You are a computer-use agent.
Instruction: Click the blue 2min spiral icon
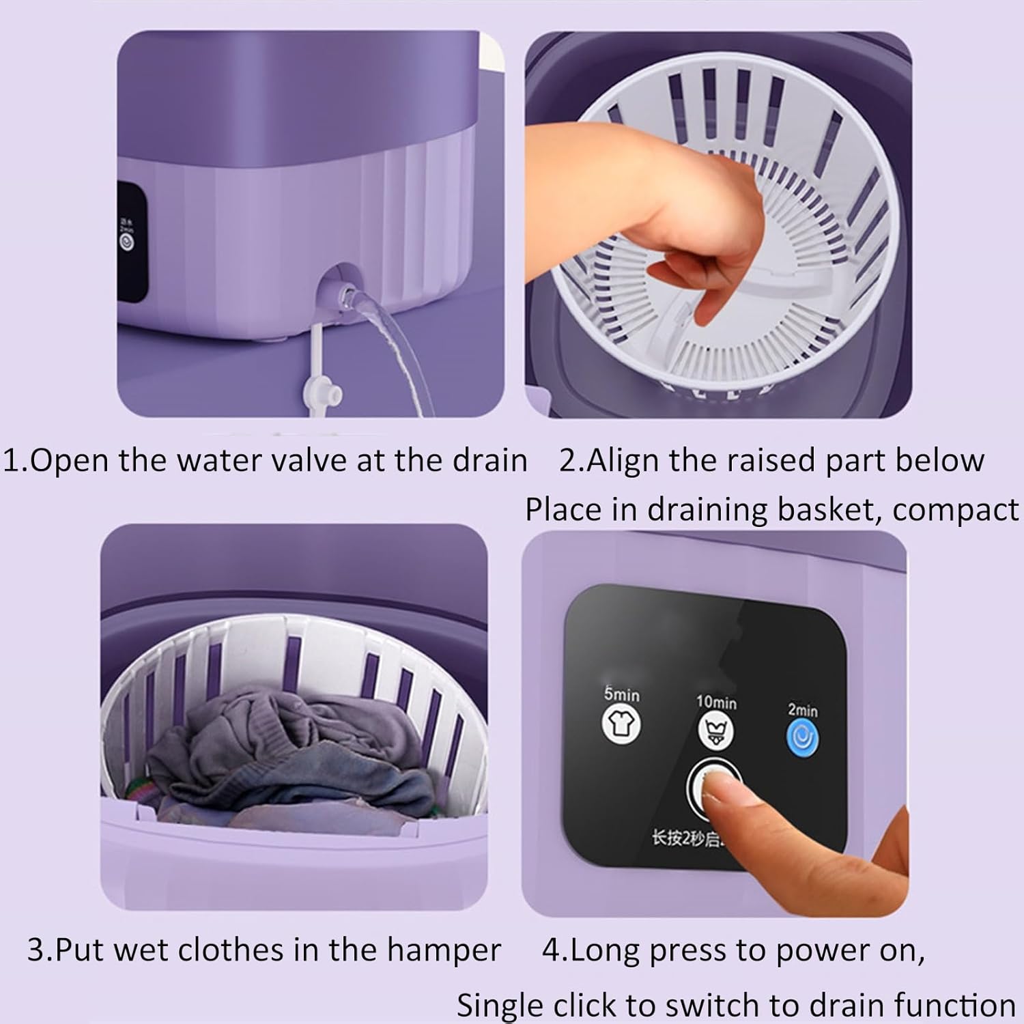point(802,739)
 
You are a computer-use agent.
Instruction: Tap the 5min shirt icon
point(621,724)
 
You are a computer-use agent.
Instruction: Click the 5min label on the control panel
point(621,694)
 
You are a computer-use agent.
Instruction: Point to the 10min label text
point(716,702)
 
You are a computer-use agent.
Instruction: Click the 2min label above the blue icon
point(802,710)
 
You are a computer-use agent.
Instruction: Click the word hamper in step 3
point(444,950)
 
